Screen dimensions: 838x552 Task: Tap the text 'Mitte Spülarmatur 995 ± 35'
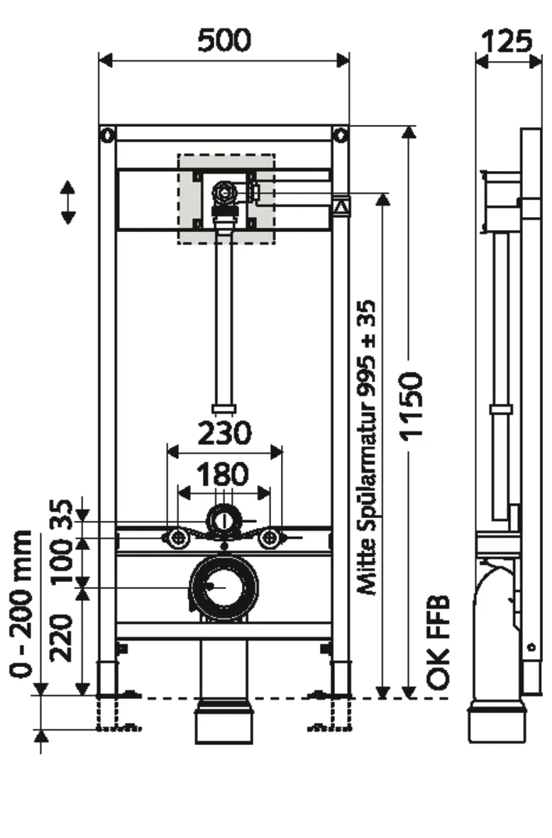click(367, 447)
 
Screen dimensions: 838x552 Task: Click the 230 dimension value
click(223, 433)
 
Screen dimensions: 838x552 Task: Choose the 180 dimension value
click(223, 473)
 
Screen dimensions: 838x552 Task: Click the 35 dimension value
click(65, 517)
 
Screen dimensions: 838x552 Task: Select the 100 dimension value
click(65, 561)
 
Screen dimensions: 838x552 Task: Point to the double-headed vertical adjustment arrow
click(67, 202)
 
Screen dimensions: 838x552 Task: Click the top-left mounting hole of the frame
click(107, 135)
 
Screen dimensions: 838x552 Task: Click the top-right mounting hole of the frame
click(341, 135)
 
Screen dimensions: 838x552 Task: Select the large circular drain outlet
click(223, 586)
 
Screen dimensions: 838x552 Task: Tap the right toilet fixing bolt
click(269, 539)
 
